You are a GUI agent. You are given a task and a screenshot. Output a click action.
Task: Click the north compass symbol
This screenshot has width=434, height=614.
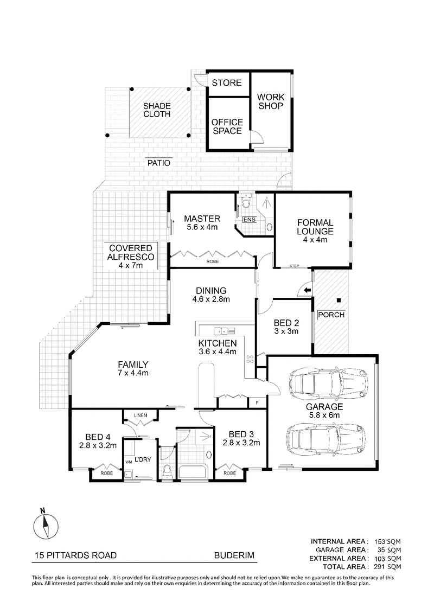[x=46, y=526]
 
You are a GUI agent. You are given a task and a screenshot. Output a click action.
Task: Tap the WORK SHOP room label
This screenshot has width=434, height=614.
[x=271, y=101]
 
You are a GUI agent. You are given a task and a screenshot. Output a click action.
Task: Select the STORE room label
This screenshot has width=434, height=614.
[x=226, y=83]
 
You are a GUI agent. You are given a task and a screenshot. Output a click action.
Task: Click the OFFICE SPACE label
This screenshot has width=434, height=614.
[x=227, y=126]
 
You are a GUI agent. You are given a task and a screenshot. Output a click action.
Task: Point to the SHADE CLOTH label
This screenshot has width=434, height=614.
[x=157, y=110]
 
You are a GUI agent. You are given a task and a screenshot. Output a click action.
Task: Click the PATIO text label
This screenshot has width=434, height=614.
[x=158, y=162]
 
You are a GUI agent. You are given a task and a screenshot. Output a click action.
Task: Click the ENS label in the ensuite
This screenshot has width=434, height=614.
[x=249, y=219]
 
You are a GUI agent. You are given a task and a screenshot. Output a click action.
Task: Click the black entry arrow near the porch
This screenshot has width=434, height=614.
[x=307, y=291]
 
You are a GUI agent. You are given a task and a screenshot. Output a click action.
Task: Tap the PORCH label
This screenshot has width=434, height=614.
[x=331, y=315]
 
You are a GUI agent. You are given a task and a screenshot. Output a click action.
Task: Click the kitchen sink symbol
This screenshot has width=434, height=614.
[x=220, y=330]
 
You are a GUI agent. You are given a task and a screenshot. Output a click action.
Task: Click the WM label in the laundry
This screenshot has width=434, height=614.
[x=129, y=461]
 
